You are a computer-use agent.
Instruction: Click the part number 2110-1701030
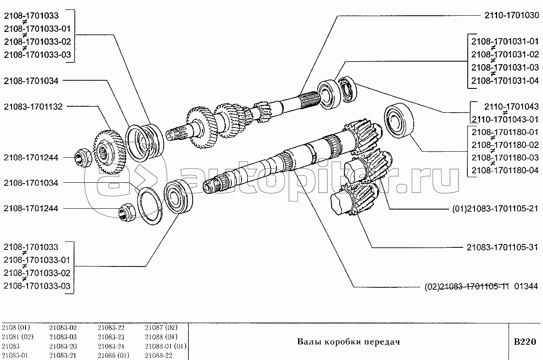point(512,15)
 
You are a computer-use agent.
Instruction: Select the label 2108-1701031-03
point(505,67)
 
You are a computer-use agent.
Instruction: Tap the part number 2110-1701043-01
point(505,119)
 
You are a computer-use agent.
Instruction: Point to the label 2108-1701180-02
point(505,145)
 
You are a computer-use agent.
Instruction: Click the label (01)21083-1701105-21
point(495,209)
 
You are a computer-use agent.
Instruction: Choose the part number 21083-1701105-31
point(502,247)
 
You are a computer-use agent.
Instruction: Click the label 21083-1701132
point(33,107)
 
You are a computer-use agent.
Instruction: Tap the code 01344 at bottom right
point(526,286)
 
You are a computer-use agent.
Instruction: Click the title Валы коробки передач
point(349,342)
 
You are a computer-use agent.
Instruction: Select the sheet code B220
point(525,342)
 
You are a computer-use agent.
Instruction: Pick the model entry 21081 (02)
point(17,337)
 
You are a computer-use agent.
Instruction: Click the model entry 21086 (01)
point(114,355)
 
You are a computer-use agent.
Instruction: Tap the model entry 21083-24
point(111,346)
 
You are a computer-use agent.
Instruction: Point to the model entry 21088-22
point(159,355)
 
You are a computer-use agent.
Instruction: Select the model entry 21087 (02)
point(161,328)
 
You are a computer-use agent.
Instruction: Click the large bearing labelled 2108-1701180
point(399,120)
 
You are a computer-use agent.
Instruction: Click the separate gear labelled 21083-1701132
point(110,152)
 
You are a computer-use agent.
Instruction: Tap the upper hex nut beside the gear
point(83,158)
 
